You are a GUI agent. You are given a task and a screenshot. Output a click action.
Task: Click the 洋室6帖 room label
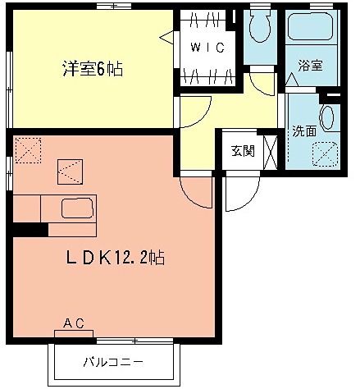(91, 69)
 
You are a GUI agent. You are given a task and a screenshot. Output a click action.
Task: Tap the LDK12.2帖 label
(116, 257)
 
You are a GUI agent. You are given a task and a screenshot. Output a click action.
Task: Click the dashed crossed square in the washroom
(326, 153)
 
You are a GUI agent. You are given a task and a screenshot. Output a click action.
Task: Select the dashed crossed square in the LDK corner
(27, 149)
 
